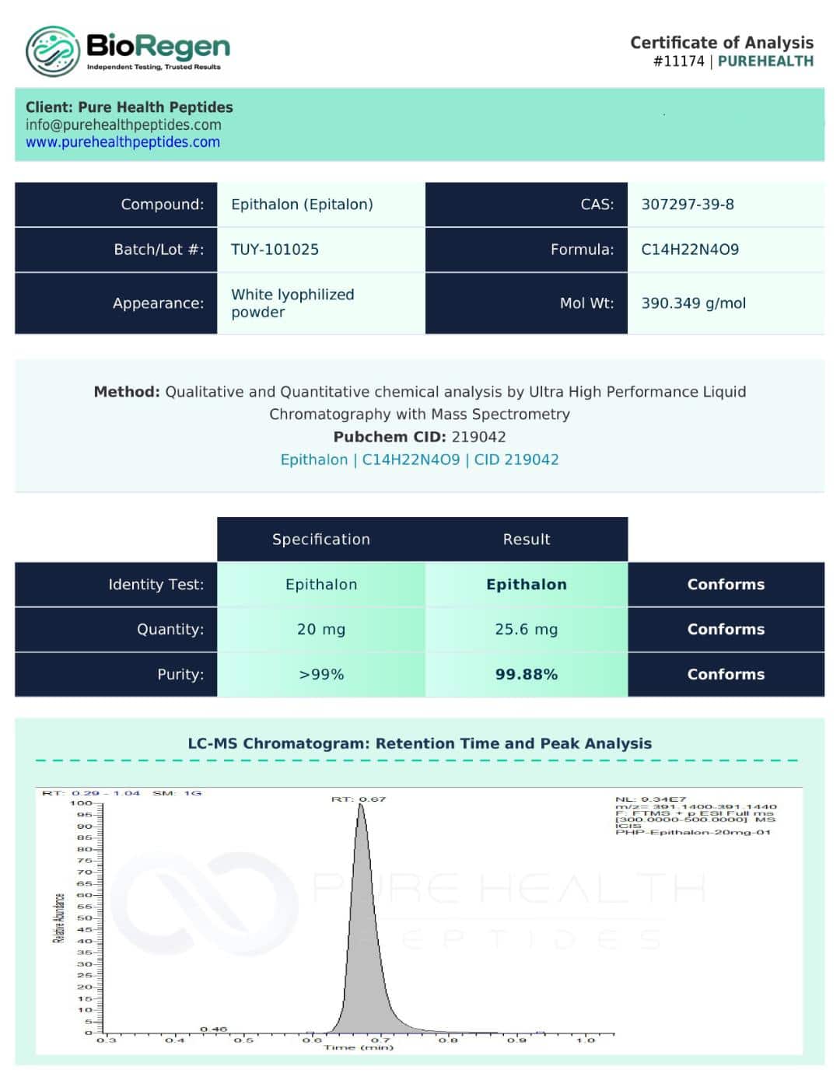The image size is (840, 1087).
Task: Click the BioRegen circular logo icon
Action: pyautogui.click(x=53, y=51)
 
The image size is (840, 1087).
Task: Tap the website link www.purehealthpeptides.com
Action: pyautogui.click(x=123, y=142)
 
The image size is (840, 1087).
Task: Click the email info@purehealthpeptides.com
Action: pyautogui.click(x=124, y=125)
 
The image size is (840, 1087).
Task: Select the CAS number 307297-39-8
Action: pyautogui.click(x=688, y=204)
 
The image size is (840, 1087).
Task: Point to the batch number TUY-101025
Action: pyautogui.click(x=275, y=250)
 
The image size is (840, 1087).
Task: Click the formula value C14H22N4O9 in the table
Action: pyautogui.click(x=690, y=250)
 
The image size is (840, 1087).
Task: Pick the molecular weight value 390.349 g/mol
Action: pyautogui.click(x=693, y=303)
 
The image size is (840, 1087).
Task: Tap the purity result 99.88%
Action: pyautogui.click(x=527, y=674)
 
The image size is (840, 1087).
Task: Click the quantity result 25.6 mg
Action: pyautogui.click(x=527, y=629)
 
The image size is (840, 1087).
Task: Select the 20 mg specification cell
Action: pyautogui.click(x=321, y=629)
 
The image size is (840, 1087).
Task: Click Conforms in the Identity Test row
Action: pyautogui.click(x=726, y=585)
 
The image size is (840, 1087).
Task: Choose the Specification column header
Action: pyautogui.click(x=321, y=540)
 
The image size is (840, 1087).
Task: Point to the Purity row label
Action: pyautogui.click(x=180, y=674)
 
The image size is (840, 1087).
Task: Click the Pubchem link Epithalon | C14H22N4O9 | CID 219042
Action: pyautogui.click(x=419, y=460)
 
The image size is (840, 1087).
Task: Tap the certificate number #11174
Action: pyautogui.click(x=679, y=61)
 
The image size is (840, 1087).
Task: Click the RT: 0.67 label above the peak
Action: pyautogui.click(x=359, y=799)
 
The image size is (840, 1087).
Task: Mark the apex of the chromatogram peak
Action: pyautogui.click(x=361, y=806)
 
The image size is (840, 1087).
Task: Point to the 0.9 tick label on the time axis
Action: pyautogui.click(x=516, y=1040)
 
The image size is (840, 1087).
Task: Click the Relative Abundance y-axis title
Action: pyautogui.click(x=58, y=918)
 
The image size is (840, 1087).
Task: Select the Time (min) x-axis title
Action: pyautogui.click(x=359, y=1048)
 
